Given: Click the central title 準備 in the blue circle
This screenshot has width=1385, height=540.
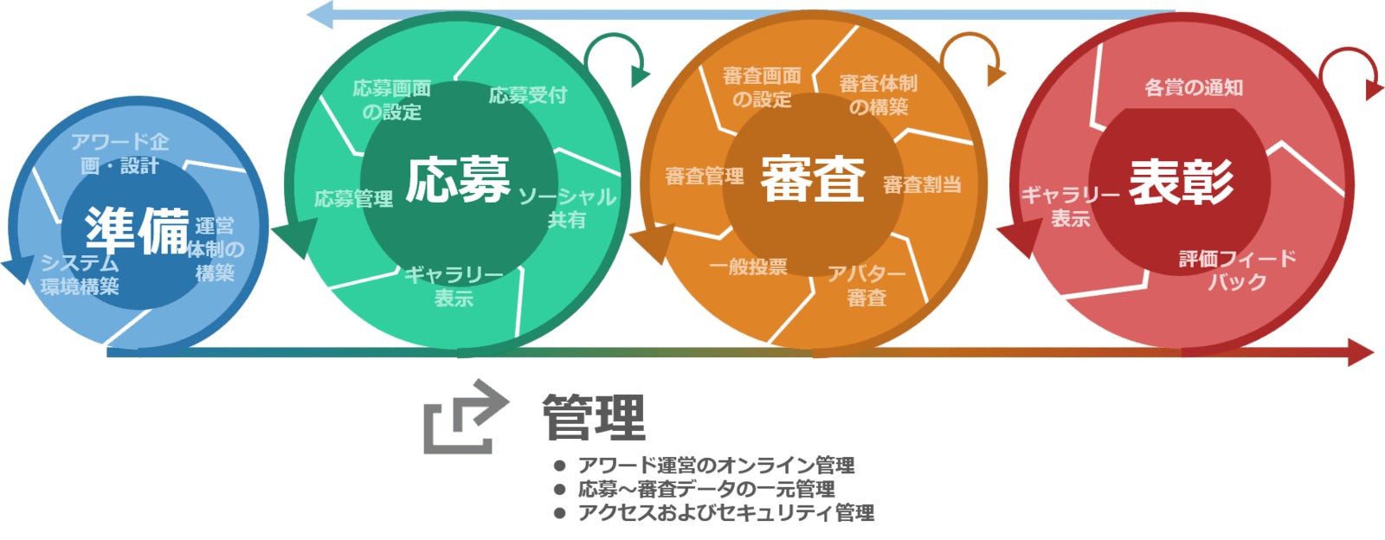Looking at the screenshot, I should pyautogui.click(x=137, y=231).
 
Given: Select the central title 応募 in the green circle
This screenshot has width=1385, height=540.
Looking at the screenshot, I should pyautogui.click(x=458, y=180).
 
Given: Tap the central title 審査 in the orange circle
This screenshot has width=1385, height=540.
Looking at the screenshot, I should pyautogui.click(x=813, y=180).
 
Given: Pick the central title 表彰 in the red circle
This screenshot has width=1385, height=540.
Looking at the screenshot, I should pyautogui.click(x=1181, y=183).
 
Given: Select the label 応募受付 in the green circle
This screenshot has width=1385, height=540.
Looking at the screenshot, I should pyautogui.click(x=528, y=95).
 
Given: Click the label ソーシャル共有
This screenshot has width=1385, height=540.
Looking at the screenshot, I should pyautogui.click(x=567, y=209).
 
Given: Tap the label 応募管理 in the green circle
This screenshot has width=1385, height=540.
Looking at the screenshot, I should pyautogui.click(x=353, y=199).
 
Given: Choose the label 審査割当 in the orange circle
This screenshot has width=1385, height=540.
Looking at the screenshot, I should pyautogui.click(x=922, y=184).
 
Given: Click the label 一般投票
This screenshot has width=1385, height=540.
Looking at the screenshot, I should pyautogui.click(x=748, y=267).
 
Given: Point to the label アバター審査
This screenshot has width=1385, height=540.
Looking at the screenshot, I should pyautogui.click(x=866, y=286).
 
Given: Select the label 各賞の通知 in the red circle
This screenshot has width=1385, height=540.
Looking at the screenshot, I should pyautogui.click(x=1194, y=87).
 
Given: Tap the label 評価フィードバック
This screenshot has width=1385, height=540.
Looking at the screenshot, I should pyautogui.click(x=1238, y=270).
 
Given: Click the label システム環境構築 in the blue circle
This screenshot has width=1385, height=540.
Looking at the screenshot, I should pyautogui.click(x=80, y=274).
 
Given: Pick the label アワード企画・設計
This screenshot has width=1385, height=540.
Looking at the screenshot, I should pyautogui.click(x=119, y=153).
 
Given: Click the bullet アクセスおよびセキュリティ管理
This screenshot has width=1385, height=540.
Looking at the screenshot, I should pyautogui.click(x=725, y=513).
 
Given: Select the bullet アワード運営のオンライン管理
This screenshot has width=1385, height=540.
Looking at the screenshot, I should pyautogui.click(x=716, y=466).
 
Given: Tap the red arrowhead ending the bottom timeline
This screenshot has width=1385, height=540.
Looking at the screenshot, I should pyautogui.click(x=1361, y=352).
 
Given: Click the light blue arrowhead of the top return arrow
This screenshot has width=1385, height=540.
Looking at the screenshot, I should pyautogui.click(x=319, y=14).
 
